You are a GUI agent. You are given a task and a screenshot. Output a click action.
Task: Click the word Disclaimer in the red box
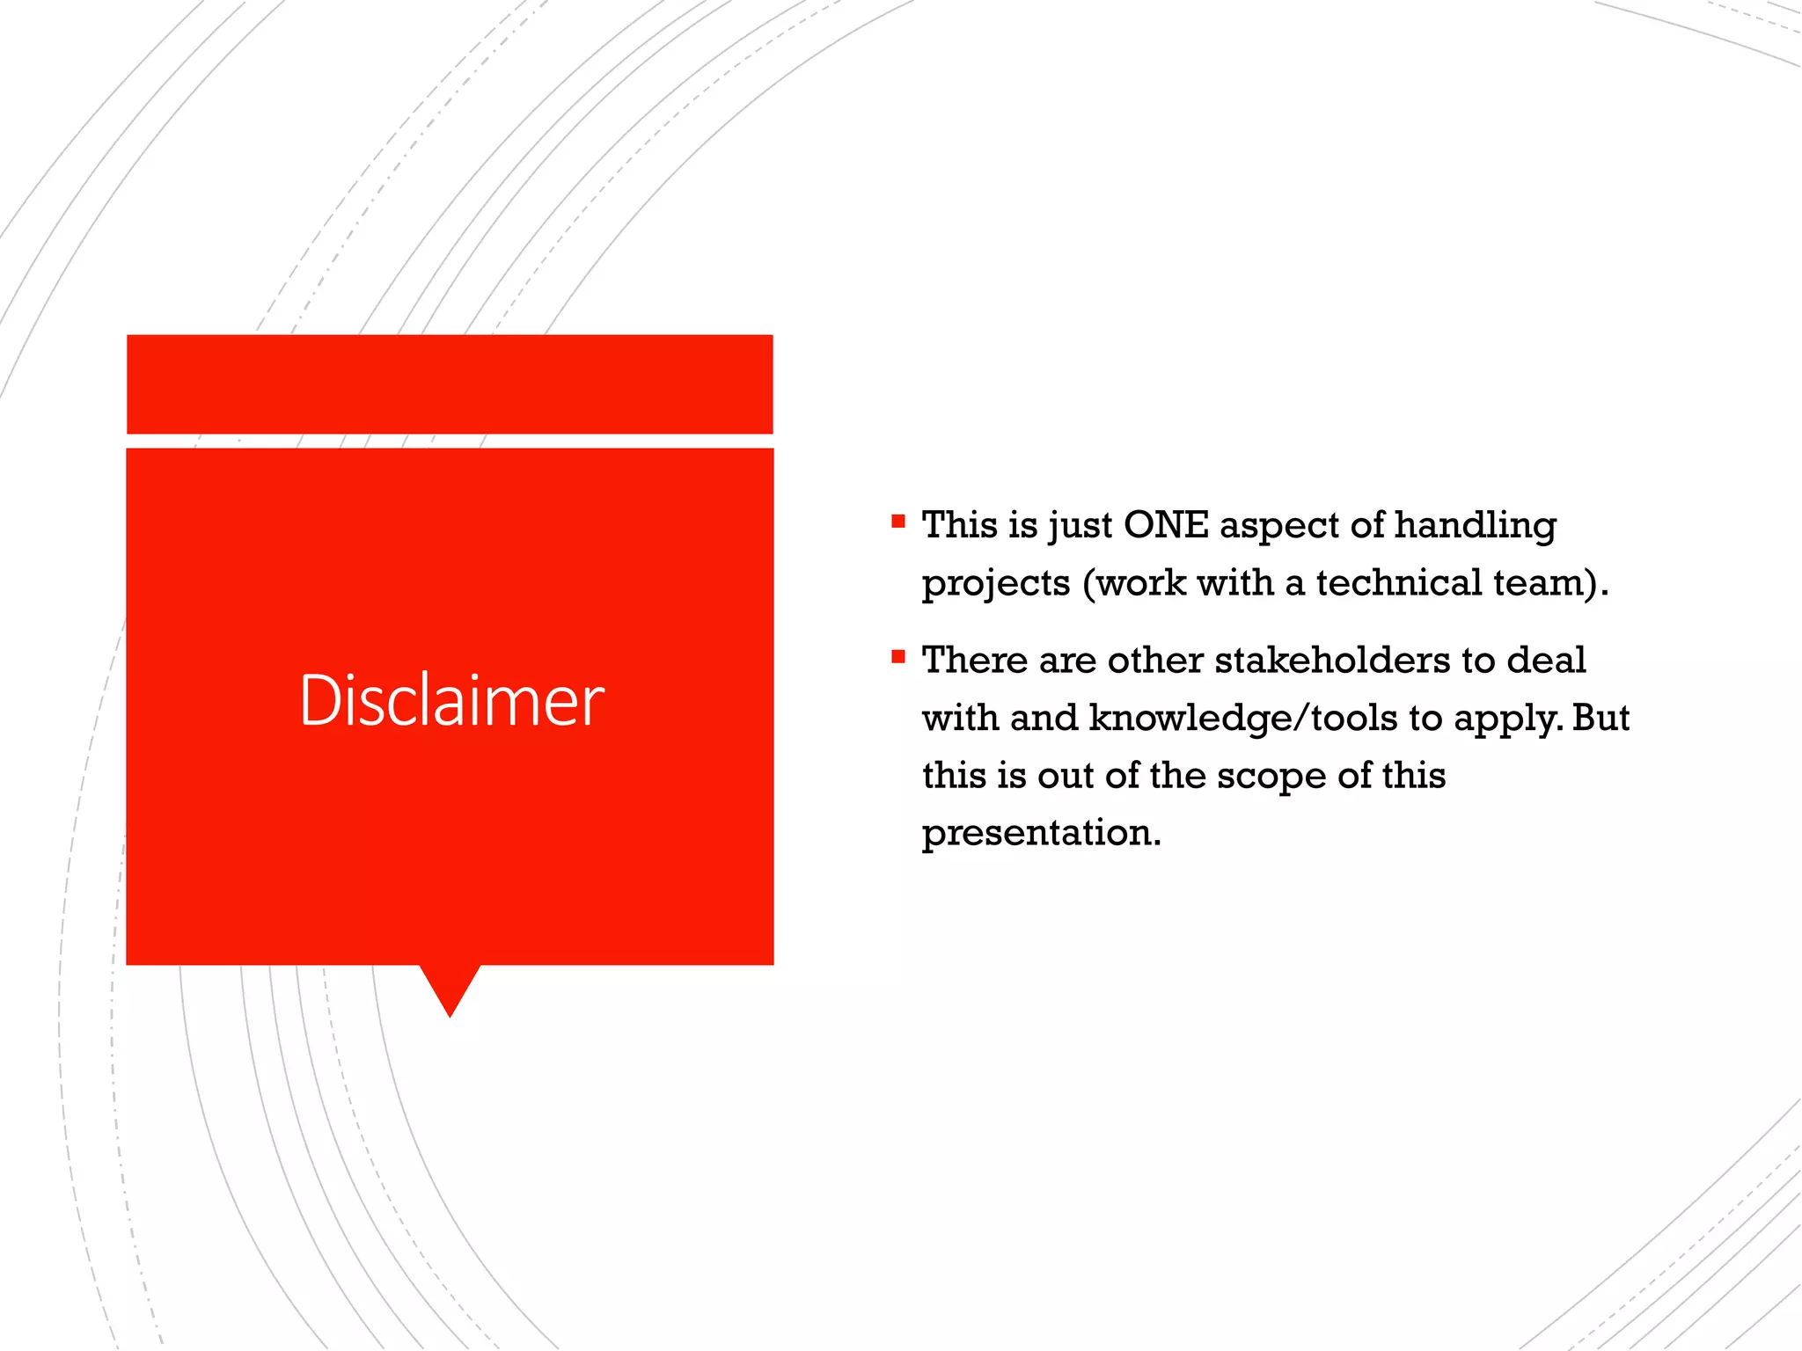point(451,701)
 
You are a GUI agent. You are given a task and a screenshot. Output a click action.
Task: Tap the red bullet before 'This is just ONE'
point(897,522)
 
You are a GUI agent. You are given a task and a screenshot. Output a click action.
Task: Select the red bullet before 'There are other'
point(897,657)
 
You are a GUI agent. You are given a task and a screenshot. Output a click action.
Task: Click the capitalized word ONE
point(1166,525)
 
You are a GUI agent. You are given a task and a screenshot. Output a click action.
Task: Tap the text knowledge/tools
point(1243,719)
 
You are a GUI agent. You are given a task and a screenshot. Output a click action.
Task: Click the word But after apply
point(1601,718)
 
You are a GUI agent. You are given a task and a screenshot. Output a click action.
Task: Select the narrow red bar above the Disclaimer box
point(450,383)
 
